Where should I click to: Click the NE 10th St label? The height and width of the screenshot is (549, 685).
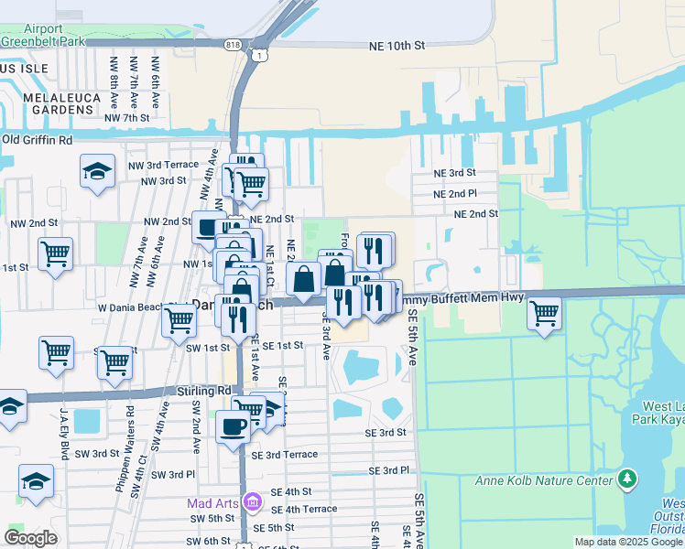pyautogui.click(x=397, y=45)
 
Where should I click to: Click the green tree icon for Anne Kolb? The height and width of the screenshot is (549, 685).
pyautogui.click(x=626, y=479)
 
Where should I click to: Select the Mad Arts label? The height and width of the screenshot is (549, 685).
pyautogui.click(x=213, y=502)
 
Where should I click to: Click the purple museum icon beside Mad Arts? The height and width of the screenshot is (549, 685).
pyautogui.click(x=254, y=502)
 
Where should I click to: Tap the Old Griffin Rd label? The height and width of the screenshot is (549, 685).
pyautogui.click(x=37, y=140)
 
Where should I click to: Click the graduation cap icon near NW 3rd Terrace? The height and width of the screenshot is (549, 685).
pyautogui.click(x=97, y=171)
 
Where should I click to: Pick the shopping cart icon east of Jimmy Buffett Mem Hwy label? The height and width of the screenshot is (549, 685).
pyautogui.click(x=545, y=314)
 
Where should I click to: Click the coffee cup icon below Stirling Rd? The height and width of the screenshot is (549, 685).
pyautogui.click(x=234, y=425)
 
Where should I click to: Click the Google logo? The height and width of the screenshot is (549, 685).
pyautogui.click(x=31, y=538)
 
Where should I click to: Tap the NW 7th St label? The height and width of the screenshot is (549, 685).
pyautogui.click(x=126, y=118)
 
